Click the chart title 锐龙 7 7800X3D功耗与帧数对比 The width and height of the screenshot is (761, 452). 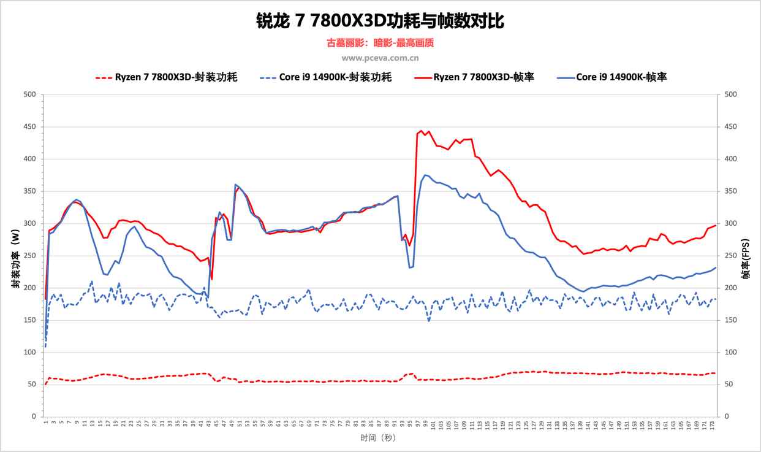(x=380, y=21)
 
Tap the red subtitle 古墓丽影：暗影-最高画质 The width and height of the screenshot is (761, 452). (x=380, y=43)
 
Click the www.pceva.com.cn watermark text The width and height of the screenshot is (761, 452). (x=380, y=58)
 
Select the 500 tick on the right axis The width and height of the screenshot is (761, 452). (x=730, y=94)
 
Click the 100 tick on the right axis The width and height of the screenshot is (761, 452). (x=730, y=352)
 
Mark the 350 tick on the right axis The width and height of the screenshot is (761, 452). (x=730, y=191)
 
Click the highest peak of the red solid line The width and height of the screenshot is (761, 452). (x=421, y=131)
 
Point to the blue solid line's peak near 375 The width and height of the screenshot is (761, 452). (x=425, y=175)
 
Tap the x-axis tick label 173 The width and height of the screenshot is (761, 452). (x=712, y=424)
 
